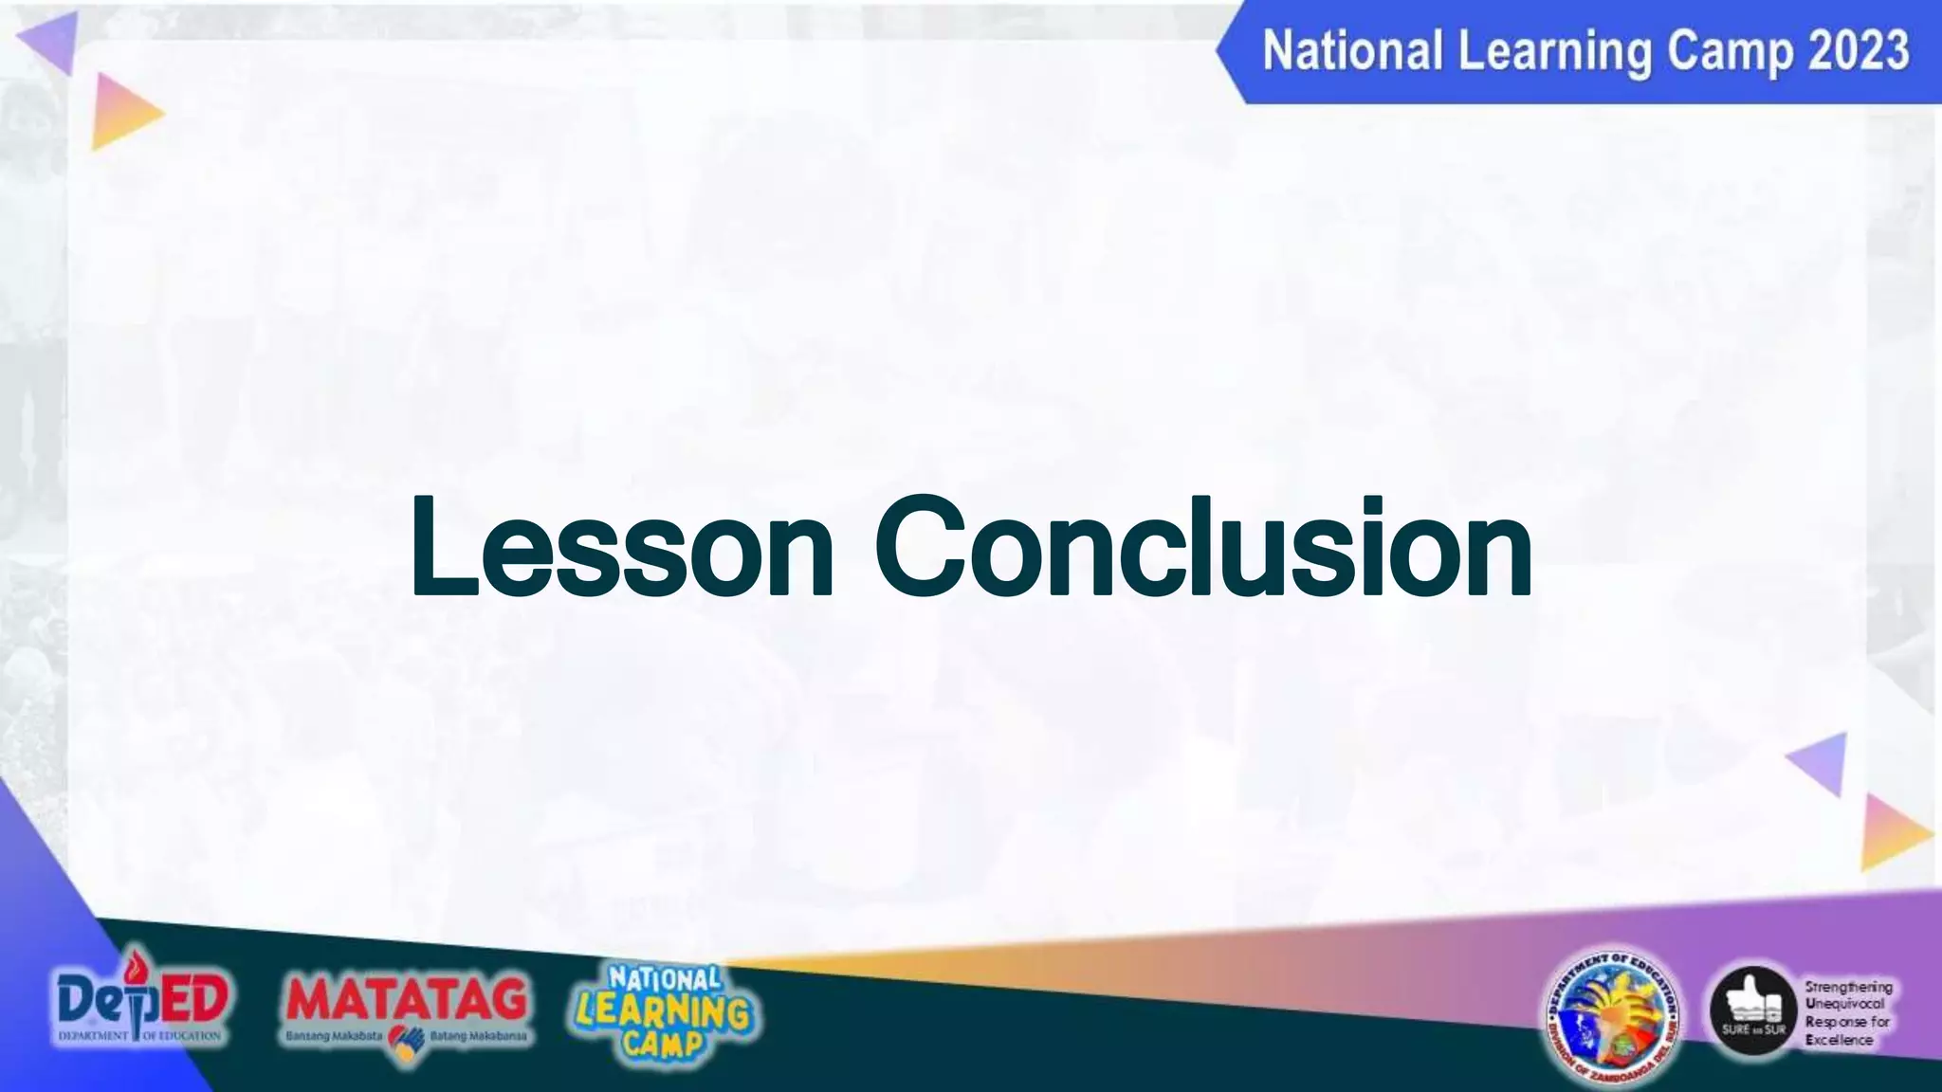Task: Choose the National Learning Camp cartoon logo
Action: coord(664,1012)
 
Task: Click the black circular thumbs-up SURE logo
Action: coord(1752,1012)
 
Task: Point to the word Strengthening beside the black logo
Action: coord(1848,987)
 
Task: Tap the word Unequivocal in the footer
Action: coord(1844,1004)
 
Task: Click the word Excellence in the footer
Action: coord(1839,1040)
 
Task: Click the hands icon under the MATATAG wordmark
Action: coord(406,1043)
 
